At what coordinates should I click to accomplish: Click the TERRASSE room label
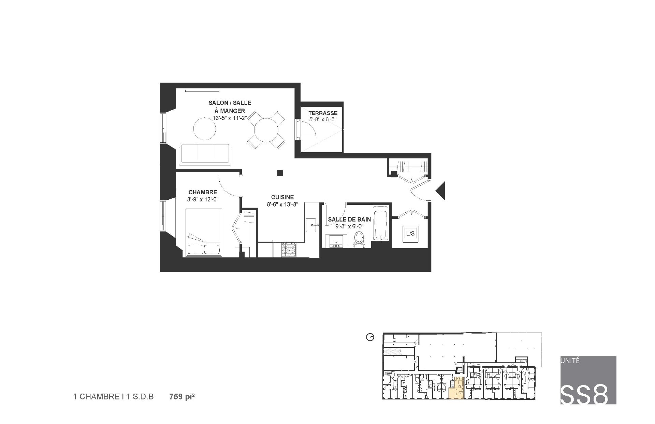(323, 113)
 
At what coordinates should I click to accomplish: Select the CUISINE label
(282, 197)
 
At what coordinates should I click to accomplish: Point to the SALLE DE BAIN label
(349, 220)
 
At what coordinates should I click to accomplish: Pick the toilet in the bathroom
(359, 239)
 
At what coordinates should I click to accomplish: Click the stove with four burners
(289, 249)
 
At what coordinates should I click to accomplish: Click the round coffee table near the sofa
(205, 128)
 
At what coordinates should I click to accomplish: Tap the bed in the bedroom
(204, 233)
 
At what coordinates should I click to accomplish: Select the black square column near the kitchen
(280, 173)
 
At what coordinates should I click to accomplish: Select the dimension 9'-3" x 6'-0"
(349, 226)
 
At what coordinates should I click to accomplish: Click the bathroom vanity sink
(336, 241)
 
